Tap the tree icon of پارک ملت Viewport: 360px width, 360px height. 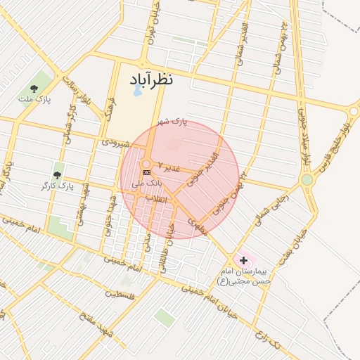click(x=34, y=89)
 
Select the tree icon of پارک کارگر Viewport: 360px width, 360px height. click(x=57, y=175)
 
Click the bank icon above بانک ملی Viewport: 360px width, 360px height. click(x=146, y=172)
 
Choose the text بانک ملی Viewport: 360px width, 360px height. click(x=147, y=183)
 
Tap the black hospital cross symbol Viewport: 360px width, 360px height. click(x=244, y=260)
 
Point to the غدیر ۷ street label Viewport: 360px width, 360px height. click(x=169, y=167)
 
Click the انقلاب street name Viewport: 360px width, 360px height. click(x=155, y=199)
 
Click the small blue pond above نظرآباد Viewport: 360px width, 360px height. click(x=136, y=91)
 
